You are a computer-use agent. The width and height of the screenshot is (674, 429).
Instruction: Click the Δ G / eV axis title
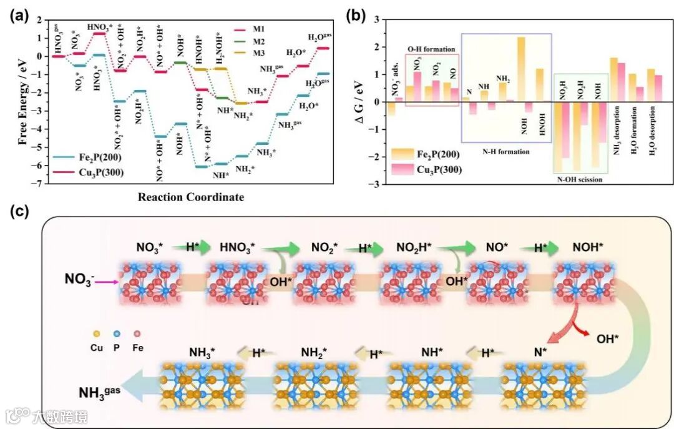[x=360, y=102]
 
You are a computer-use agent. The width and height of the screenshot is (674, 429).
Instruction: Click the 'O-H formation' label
[x=431, y=49]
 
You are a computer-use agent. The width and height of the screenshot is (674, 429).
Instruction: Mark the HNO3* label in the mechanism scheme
[x=237, y=248]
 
